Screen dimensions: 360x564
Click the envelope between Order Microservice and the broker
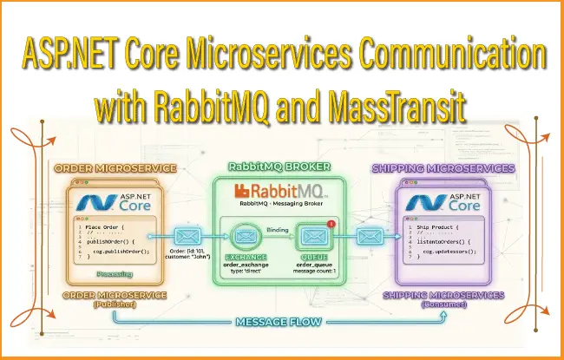point(186,235)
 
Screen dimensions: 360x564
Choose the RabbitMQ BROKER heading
point(282,167)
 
